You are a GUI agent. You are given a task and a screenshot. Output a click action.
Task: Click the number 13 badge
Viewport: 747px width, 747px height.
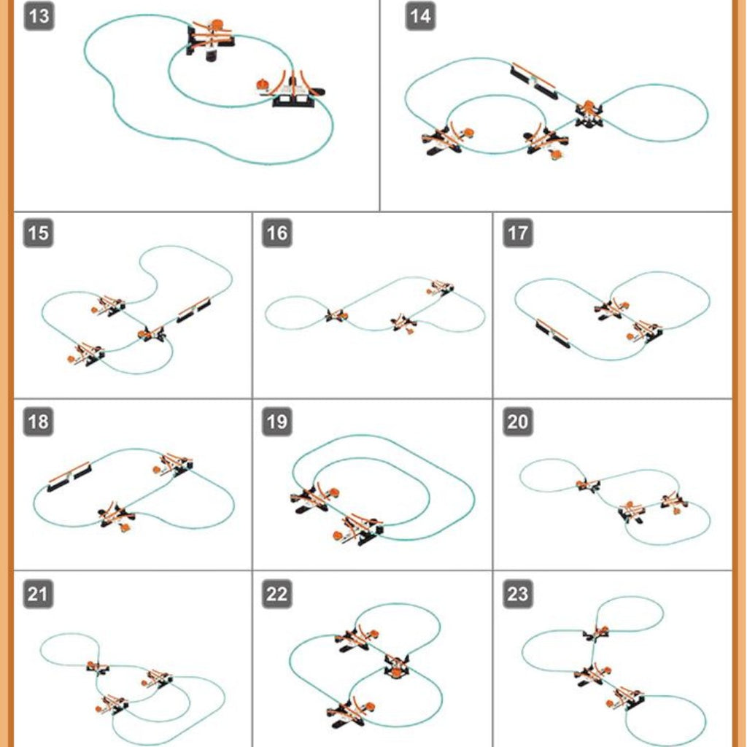click(x=39, y=16)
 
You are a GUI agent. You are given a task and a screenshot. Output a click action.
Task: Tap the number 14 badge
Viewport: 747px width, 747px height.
click(x=420, y=16)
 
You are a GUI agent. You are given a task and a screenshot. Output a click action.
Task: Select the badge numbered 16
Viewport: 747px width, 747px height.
click(x=276, y=233)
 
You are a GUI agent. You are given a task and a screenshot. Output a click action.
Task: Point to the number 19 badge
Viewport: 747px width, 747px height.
click(x=276, y=422)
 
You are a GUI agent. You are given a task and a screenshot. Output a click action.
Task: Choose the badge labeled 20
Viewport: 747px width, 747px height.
click(x=518, y=422)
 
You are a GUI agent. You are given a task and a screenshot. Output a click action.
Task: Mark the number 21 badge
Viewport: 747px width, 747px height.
click(x=38, y=594)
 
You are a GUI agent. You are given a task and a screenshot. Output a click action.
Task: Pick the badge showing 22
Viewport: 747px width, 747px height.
click(x=276, y=594)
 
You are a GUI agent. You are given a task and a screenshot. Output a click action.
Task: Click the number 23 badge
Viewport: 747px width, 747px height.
click(x=518, y=594)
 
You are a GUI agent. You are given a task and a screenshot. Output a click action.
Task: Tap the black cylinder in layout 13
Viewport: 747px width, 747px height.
click(x=212, y=55)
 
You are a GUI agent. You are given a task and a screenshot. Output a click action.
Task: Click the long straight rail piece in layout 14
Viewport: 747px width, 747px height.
click(x=533, y=80)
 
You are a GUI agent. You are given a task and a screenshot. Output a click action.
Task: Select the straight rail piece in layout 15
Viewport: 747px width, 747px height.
click(x=193, y=309)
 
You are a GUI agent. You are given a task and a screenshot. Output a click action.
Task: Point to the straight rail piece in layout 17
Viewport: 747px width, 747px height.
click(x=553, y=333)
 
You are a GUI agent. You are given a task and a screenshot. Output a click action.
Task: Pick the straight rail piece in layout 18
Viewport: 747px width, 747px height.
click(x=69, y=476)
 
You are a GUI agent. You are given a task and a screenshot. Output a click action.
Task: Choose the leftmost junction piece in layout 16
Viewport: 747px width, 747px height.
click(x=336, y=315)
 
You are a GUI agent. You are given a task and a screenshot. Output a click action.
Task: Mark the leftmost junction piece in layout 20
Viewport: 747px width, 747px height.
click(x=589, y=485)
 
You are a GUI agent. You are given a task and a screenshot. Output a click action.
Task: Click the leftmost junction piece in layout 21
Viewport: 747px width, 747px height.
click(x=98, y=667)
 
